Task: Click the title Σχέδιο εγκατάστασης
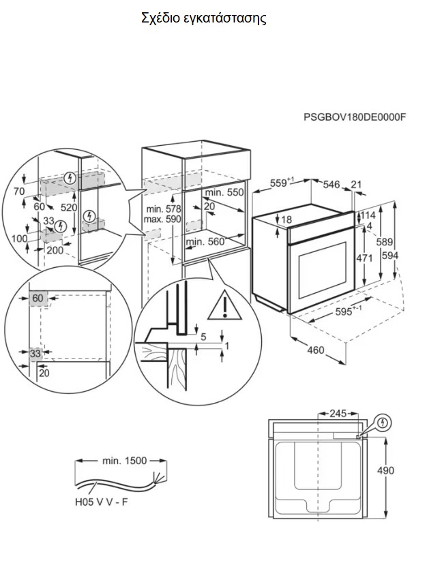click(203, 18)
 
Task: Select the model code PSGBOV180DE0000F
click(354, 117)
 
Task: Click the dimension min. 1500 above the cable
click(124, 461)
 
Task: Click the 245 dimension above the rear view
click(338, 413)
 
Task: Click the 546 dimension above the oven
click(331, 183)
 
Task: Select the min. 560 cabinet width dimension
click(205, 241)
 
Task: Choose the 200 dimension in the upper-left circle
click(55, 250)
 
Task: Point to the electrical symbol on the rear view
click(382, 423)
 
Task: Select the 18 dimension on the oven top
click(286, 219)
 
